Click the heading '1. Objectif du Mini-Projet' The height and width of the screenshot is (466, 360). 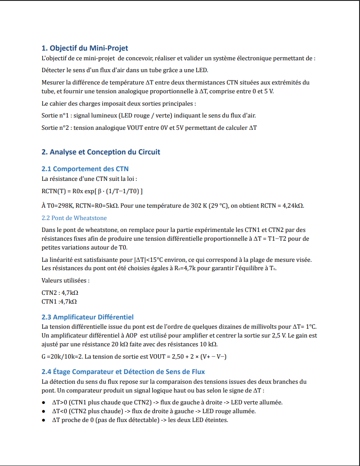coord(84,48)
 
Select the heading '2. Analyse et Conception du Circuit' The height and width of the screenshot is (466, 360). coord(101,152)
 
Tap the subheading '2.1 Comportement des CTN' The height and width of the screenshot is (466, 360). coord(85,169)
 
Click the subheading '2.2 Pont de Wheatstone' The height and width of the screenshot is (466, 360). coord(74,218)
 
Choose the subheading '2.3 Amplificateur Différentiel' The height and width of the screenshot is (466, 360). coord(88,317)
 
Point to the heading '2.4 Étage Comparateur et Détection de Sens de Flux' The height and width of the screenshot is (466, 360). coord(123,372)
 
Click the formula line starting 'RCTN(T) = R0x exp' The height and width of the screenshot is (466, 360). coord(92,191)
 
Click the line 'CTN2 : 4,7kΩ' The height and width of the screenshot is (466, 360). coord(60,292)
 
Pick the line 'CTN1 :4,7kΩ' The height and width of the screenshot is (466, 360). coord(59,301)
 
